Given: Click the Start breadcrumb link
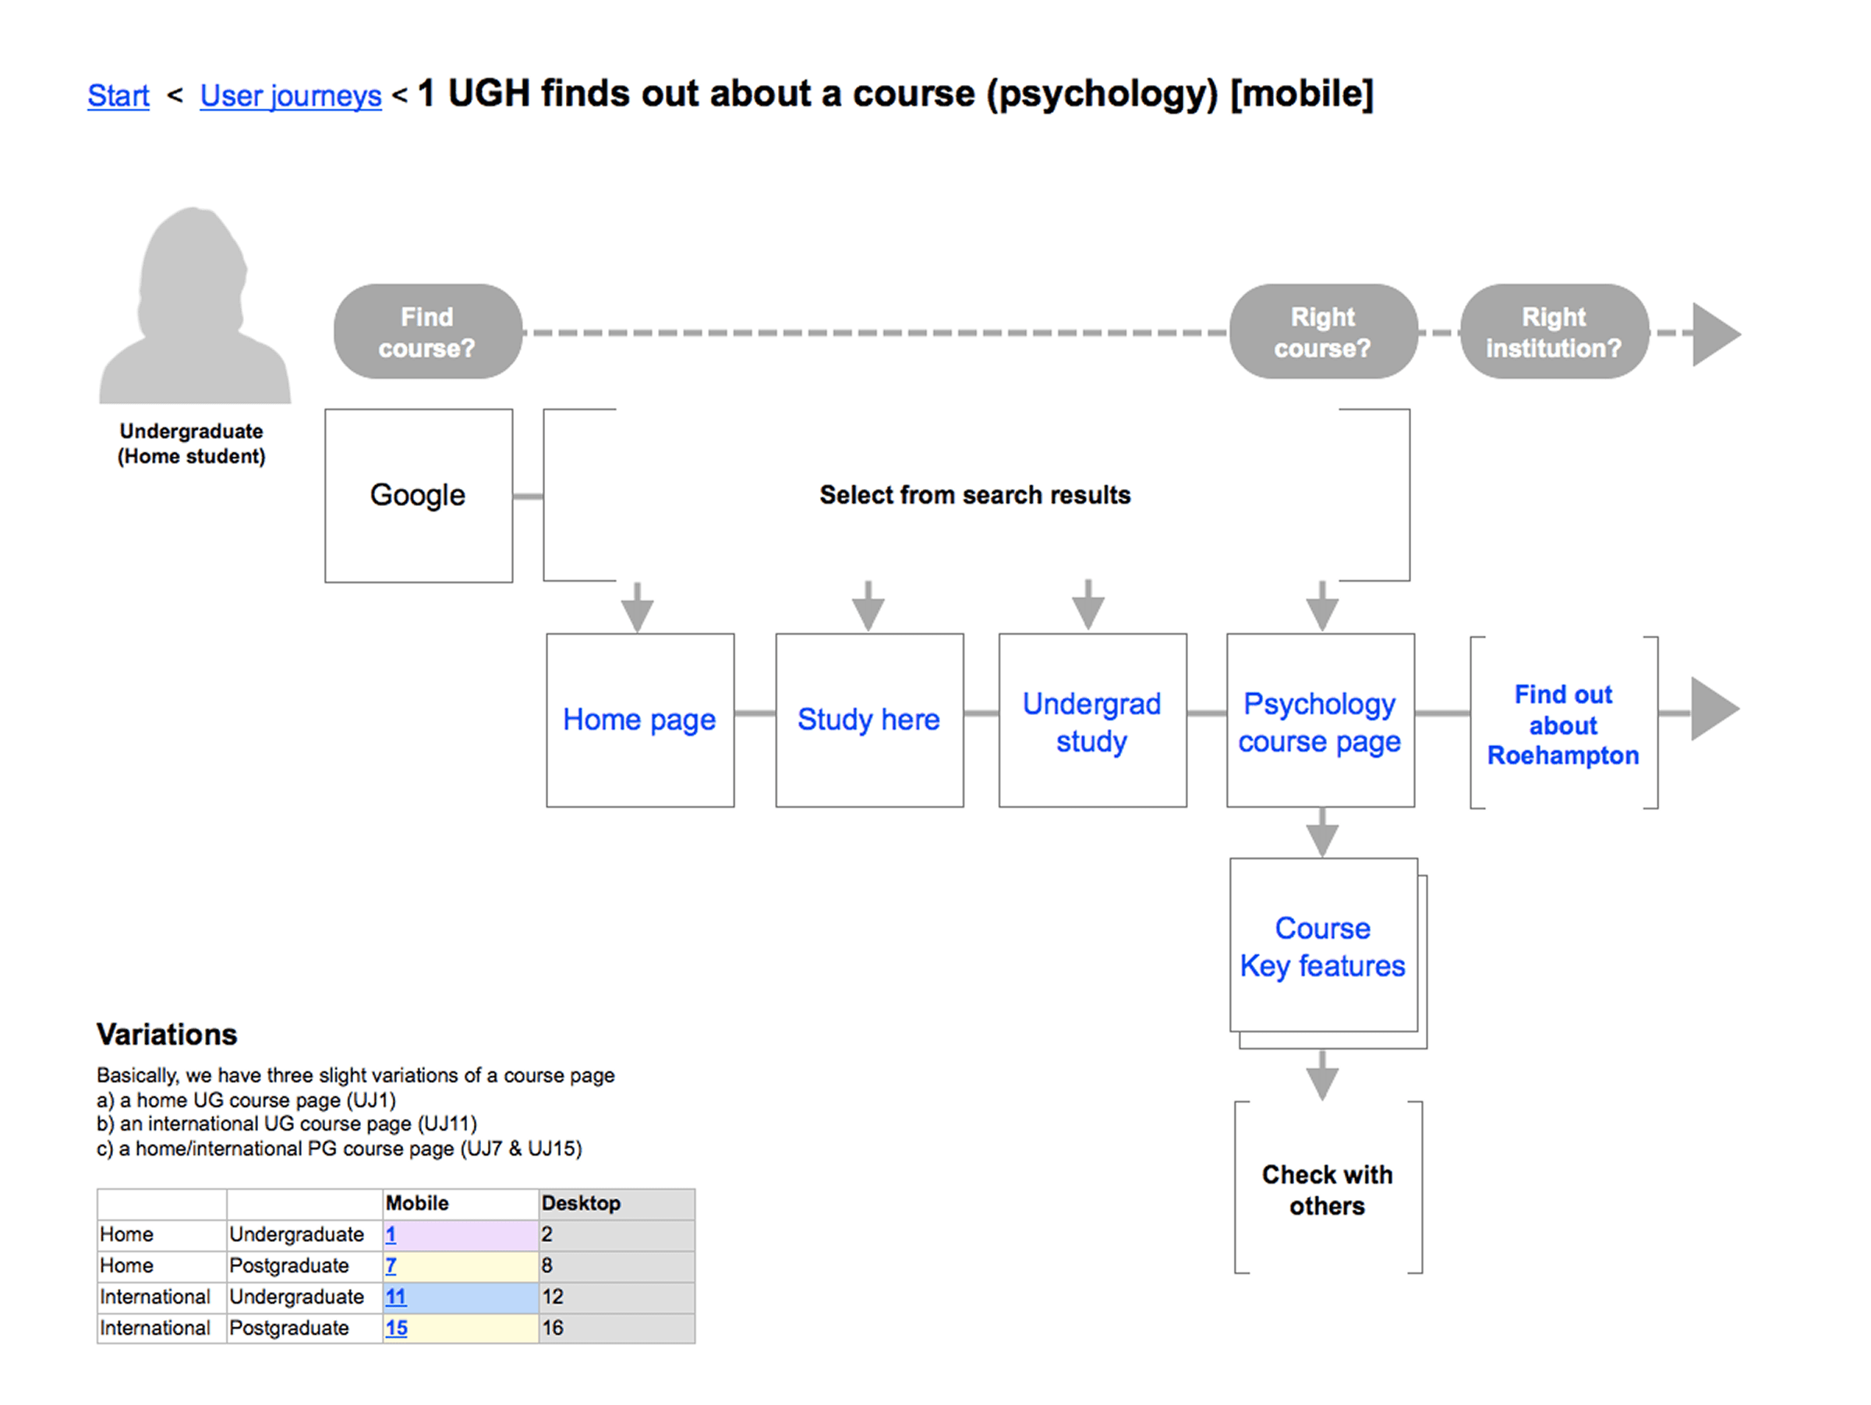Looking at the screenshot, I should point(118,96).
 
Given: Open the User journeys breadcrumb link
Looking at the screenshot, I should point(290,96).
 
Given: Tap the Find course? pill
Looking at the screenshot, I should point(427,331).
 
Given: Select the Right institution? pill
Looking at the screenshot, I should point(1554,331).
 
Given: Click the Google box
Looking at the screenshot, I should point(418,496).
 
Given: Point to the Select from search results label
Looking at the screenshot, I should point(974,495).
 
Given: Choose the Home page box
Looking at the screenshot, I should point(639,720).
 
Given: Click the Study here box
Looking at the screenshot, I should point(868,720).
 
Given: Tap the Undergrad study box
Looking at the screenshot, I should point(1091,721).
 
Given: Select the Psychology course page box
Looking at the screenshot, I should point(1320,721).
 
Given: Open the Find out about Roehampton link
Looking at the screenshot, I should point(1563,725).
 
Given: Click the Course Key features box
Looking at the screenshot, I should point(1323,947).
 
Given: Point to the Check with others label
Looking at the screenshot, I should point(1327,1189).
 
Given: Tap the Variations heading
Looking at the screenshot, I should point(167,1034).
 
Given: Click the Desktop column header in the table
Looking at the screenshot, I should point(581,1203).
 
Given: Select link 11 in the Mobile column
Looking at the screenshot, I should point(395,1297).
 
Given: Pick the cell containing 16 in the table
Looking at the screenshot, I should point(552,1328).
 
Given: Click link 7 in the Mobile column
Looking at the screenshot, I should point(391,1265).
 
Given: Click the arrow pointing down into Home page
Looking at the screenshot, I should point(637,607).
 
